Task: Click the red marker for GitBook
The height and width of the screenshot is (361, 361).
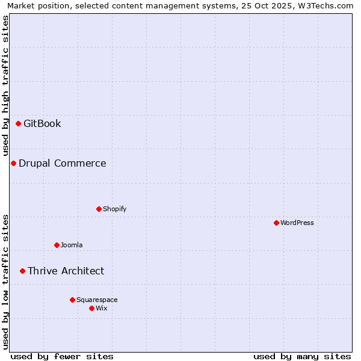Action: [19, 124]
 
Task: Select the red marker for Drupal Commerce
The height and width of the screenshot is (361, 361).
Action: [13, 164]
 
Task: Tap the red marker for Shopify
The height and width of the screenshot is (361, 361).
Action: [99, 209]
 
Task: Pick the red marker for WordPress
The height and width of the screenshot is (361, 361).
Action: [276, 223]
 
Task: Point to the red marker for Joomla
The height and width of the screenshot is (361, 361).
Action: [57, 245]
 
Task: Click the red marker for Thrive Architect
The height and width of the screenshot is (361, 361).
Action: [23, 271]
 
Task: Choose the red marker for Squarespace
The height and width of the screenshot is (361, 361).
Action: [72, 300]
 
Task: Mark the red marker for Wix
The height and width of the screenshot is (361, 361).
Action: [91, 309]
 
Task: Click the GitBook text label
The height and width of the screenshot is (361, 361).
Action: [42, 124]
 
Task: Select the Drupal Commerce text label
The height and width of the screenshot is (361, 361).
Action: [63, 164]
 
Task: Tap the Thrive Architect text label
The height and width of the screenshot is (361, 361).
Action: [66, 271]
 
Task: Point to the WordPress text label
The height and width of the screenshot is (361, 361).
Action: [297, 223]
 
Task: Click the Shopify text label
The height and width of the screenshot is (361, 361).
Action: [114, 209]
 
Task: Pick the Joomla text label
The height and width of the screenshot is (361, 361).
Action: [72, 245]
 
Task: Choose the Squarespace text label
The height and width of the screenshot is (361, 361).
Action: [97, 300]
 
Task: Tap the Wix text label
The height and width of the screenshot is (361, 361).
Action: [102, 309]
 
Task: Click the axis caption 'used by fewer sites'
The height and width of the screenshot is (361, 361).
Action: [62, 356]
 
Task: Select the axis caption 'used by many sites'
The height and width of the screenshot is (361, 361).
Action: [302, 356]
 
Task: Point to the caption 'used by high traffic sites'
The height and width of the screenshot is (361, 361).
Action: [6, 86]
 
